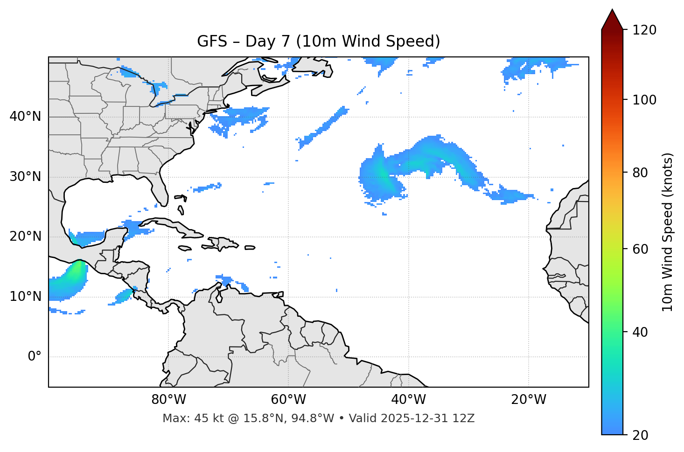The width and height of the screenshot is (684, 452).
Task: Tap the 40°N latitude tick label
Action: (x=25, y=117)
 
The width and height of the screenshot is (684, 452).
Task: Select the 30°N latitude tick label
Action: (x=25, y=177)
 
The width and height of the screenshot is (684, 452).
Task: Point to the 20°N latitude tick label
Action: (x=25, y=236)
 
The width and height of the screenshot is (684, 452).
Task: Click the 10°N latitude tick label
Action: (x=25, y=297)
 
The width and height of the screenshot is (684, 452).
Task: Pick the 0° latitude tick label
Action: (x=35, y=357)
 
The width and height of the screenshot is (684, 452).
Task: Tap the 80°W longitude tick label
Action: (x=168, y=400)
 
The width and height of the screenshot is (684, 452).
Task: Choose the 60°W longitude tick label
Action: (x=288, y=400)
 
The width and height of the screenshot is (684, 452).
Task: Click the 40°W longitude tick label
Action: (x=408, y=400)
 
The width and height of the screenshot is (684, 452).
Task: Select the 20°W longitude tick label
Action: (x=528, y=400)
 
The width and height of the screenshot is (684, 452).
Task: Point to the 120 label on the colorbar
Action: (x=644, y=30)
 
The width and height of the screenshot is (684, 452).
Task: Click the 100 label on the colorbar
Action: (x=644, y=100)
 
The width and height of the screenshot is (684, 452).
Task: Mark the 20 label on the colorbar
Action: (x=640, y=435)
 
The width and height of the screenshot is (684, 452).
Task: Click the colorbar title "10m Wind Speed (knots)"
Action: (x=668, y=232)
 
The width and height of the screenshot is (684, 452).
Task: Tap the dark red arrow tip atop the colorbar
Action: (x=612, y=18)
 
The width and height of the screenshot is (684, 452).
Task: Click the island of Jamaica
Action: (x=184, y=248)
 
